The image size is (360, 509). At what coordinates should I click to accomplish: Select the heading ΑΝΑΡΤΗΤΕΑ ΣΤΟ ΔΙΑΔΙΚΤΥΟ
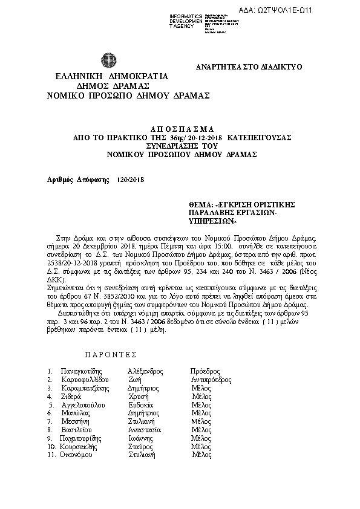(x=249, y=67)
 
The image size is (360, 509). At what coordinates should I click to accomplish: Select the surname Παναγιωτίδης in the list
(x=82, y=371)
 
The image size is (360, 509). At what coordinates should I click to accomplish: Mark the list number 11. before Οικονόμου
(x=51, y=455)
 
